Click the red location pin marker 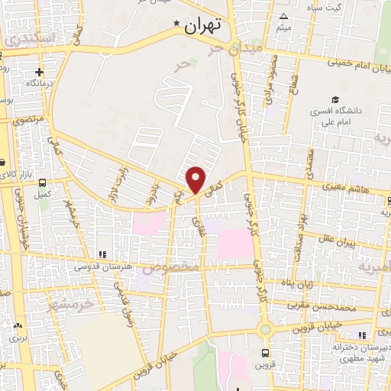196,179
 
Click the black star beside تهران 178,24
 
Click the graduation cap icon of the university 334,99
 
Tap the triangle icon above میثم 284,17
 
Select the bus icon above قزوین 265,353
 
